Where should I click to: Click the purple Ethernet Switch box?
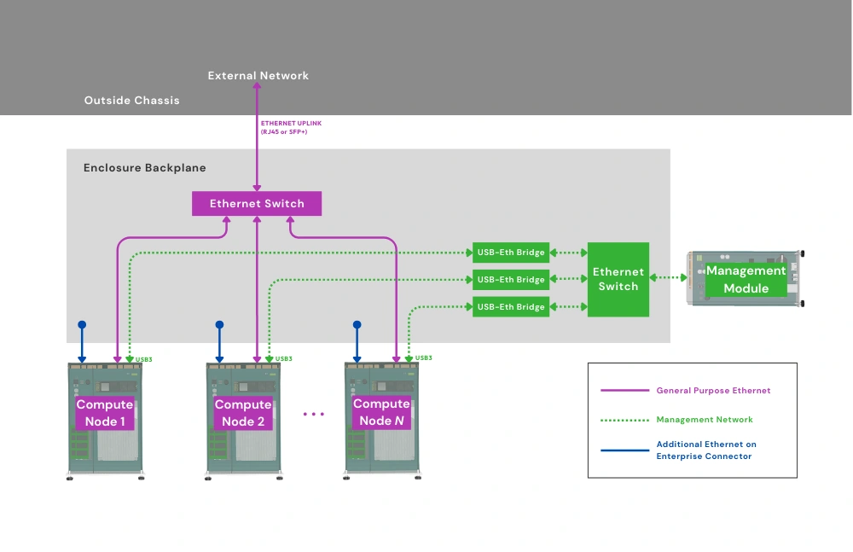click(257, 204)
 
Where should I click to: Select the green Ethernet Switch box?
click(618, 279)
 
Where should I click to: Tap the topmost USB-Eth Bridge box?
click(511, 253)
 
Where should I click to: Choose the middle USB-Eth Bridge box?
click(511, 280)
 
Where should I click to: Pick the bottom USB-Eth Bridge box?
click(511, 307)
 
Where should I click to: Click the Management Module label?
click(746, 279)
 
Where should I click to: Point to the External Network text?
click(258, 76)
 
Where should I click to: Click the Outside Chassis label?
click(131, 101)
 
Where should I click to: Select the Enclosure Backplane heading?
click(144, 168)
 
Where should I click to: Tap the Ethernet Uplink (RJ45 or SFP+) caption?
click(291, 127)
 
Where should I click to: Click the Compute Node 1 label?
click(105, 413)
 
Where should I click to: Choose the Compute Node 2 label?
click(243, 413)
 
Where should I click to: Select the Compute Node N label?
click(381, 412)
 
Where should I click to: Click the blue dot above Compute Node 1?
click(82, 325)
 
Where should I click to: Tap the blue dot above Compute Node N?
click(357, 325)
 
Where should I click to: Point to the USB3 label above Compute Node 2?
click(284, 359)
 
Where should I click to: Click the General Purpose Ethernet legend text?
click(713, 391)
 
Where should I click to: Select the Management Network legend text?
click(705, 420)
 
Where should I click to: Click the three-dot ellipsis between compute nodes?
click(313, 414)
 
